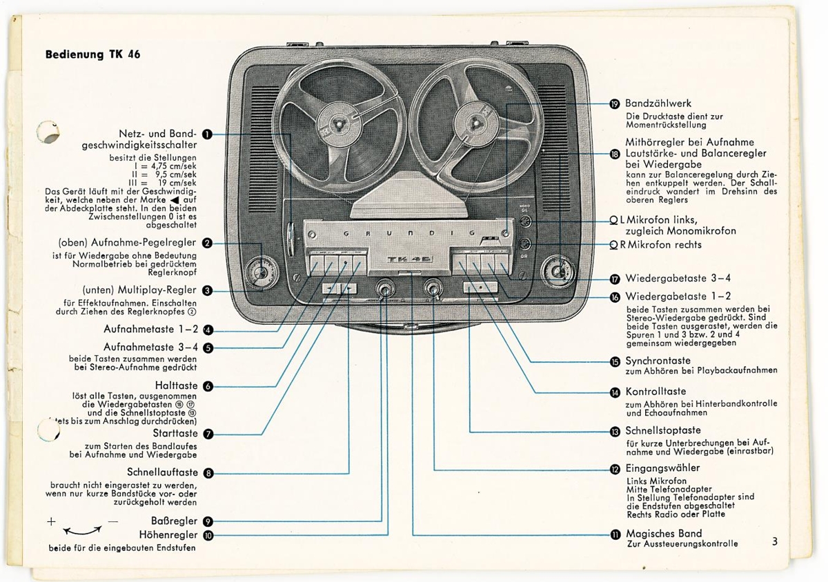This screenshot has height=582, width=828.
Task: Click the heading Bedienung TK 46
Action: pos(92,54)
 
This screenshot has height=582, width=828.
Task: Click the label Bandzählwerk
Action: pos(658,103)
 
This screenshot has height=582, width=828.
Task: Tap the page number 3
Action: pos(775,542)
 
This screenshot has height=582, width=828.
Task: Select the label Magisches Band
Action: pos(663,533)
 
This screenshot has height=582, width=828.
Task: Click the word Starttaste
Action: pos(175,433)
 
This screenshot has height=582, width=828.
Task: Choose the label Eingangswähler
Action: pos(662,469)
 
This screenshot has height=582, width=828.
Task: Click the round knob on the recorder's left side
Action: pos(262,272)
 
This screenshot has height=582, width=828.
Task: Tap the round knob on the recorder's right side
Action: pos(558,271)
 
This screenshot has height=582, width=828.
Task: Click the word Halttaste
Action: pos(177,385)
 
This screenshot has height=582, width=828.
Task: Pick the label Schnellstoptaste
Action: pos(662,431)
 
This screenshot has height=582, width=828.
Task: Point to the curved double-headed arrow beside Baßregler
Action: pos(82,530)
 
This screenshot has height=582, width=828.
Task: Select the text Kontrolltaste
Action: pos(655,392)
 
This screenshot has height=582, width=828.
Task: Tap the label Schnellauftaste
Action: pos(163,473)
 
